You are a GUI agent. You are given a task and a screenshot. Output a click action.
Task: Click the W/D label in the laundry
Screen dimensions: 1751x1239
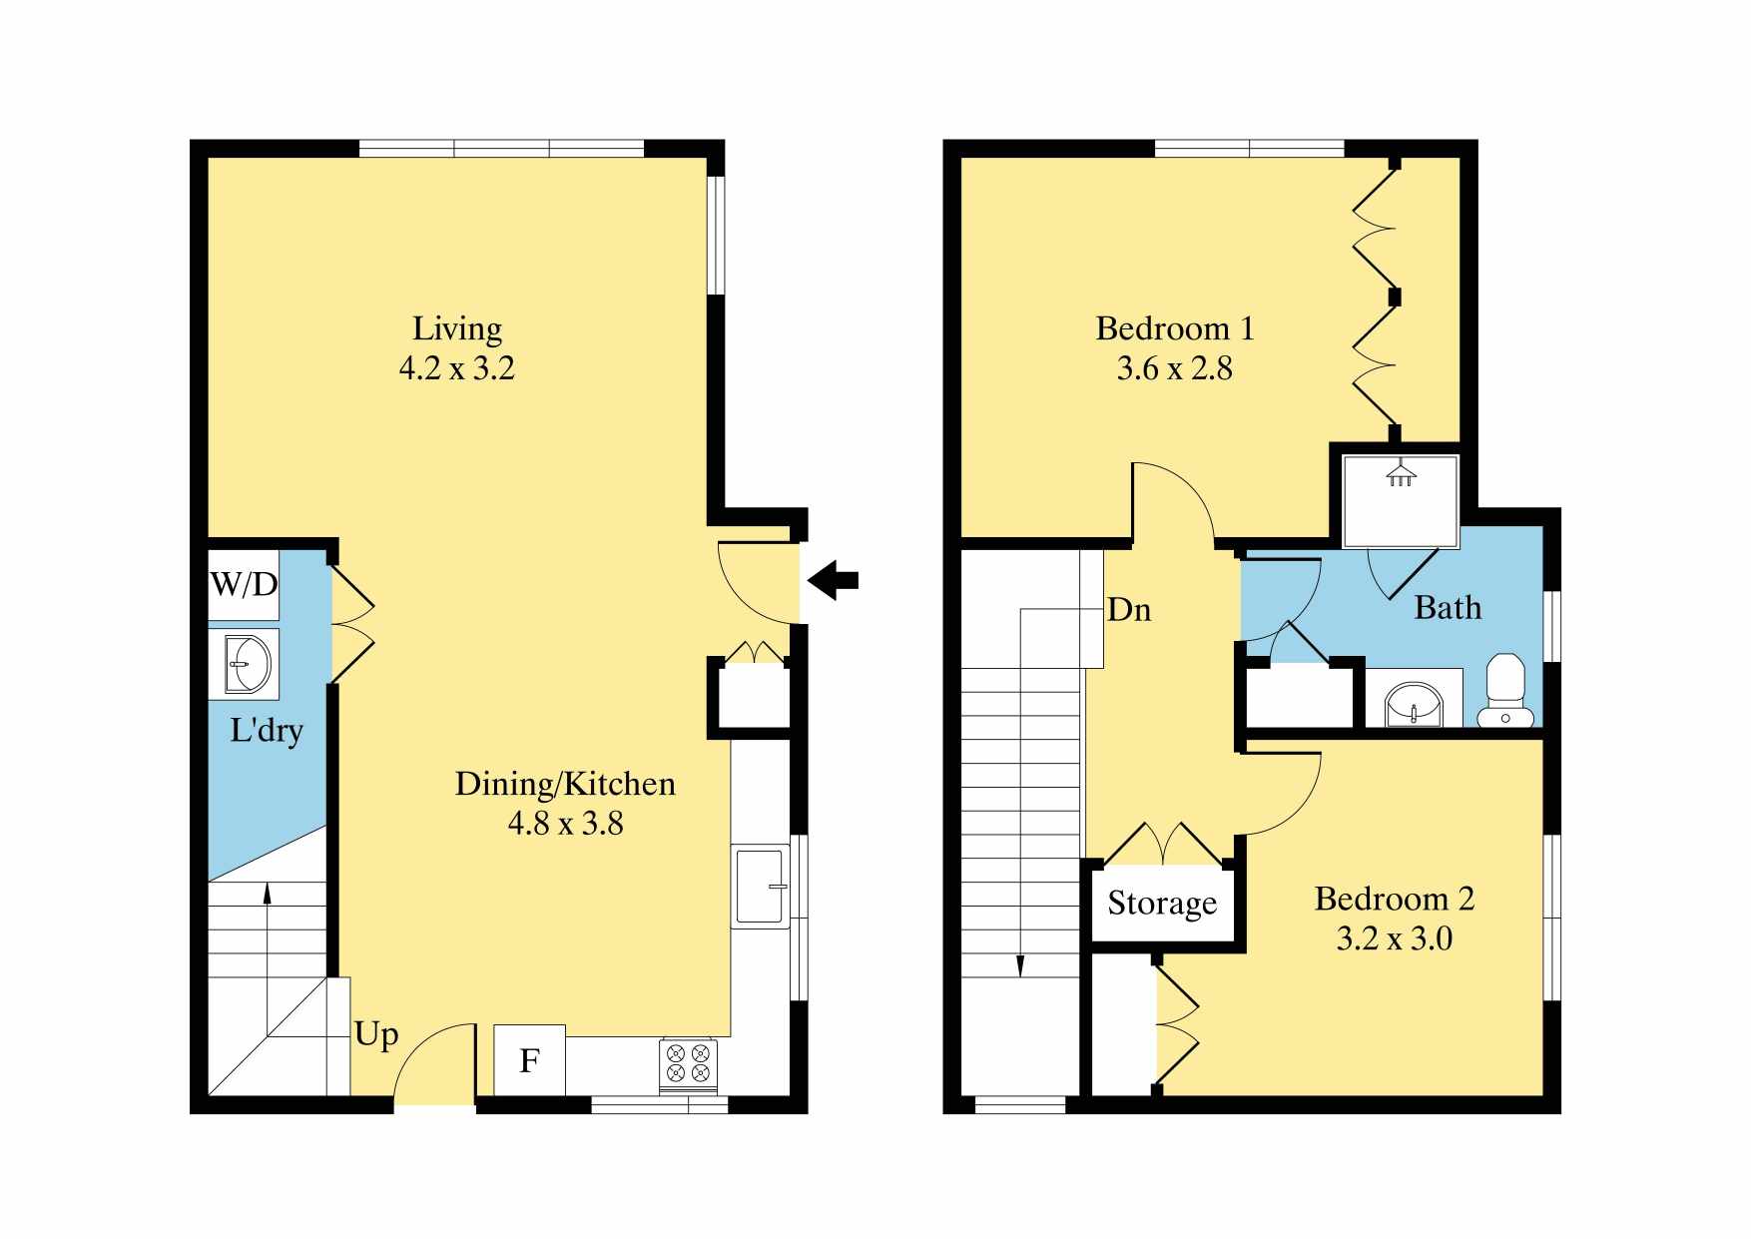tap(244, 584)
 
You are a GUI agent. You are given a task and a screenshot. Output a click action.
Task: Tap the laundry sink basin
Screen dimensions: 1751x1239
tap(247, 663)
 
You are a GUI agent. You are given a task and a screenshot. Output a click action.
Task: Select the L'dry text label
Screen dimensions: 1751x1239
tap(267, 730)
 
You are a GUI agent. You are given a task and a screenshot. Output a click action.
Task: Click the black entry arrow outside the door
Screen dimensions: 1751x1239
tap(833, 580)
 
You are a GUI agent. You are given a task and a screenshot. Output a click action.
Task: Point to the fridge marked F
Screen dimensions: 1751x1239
tap(529, 1060)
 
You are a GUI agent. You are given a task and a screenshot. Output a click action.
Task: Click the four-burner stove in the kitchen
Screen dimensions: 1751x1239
tap(688, 1062)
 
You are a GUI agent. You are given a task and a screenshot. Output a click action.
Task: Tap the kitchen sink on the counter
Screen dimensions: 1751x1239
tap(762, 886)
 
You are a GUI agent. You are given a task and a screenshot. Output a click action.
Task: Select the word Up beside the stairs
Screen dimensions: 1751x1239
tap(376, 1035)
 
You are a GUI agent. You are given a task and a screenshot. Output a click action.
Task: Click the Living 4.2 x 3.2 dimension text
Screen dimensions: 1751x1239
tap(457, 368)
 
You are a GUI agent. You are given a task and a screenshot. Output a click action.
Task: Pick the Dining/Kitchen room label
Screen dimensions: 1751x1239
tap(565, 784)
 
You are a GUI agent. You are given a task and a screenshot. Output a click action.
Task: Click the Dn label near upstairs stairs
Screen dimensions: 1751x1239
tap(1129, 610)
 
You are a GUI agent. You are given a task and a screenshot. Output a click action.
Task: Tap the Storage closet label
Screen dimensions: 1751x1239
tap(1162, 904)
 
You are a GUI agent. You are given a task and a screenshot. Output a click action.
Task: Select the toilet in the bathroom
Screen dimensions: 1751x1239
tap(1504, 690)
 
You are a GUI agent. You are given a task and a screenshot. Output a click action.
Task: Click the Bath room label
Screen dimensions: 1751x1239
tap(1448, 608)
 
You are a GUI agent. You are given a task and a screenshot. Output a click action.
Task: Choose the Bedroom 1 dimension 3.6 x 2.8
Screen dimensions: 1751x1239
tap(1174, 368)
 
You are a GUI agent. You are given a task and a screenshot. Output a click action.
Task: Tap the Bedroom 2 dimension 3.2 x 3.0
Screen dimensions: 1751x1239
tap(1395, 938)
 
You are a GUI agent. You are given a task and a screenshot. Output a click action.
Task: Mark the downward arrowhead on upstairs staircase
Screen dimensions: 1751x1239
tap(1020, 965)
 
